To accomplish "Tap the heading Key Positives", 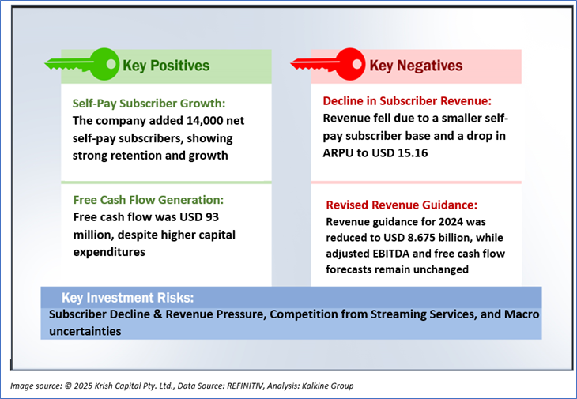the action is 166,66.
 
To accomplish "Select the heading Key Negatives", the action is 416,66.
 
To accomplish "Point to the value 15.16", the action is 413,153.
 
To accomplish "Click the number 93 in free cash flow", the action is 211,217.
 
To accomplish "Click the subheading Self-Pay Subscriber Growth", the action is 149,104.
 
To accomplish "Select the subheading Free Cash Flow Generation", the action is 149,200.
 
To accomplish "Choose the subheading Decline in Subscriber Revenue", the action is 407,101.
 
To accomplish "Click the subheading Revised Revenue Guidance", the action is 402,205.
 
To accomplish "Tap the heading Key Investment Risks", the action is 127,298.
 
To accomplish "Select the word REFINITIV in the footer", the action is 246,386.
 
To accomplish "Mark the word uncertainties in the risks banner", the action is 85,331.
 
